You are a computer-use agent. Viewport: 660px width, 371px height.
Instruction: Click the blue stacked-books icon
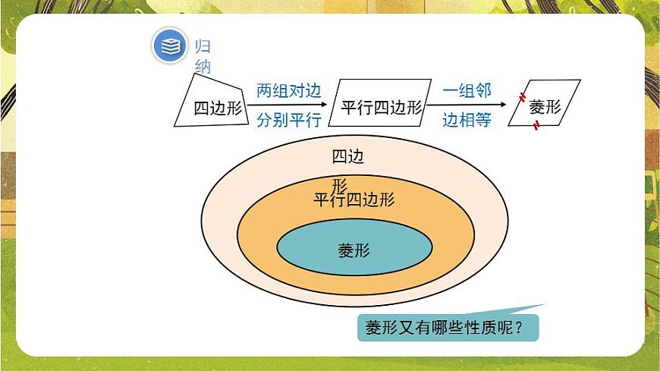(x=171, y=46)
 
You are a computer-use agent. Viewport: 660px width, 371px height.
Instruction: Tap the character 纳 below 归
(x=203, y=67)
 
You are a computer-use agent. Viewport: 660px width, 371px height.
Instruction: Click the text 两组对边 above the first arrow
(x=289, y=91)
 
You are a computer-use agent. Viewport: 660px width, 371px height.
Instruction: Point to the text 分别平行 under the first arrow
(x=289, y=120)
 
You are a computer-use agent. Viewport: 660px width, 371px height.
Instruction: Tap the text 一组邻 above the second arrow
(x=467, y=91)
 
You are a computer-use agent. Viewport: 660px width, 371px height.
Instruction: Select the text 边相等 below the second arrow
(x=467, y=120)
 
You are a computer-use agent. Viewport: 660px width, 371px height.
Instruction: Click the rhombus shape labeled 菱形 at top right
(x=545, y=106)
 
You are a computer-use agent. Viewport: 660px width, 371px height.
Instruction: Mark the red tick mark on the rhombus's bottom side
(x=536, y=126)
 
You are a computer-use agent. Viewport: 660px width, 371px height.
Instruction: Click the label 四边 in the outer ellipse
(x=348, y=157)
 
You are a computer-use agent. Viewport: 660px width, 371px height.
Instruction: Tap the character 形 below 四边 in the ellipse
(x=339, y=184)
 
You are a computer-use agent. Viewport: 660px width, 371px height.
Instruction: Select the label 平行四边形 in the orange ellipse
(x=354, y=200)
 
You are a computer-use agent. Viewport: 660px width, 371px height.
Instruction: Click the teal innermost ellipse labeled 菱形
(x=354, y=249)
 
